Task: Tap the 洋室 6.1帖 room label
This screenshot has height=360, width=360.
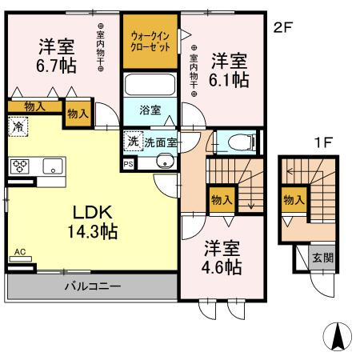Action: click(x=229, y=70)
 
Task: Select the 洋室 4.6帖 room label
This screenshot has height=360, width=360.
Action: click(x=221, y=258)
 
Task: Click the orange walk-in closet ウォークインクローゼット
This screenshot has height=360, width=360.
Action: click(x=150, y=41)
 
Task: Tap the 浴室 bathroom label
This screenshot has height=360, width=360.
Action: click(x=150, y=109)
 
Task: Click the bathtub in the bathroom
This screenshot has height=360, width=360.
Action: click(x=150, y=85)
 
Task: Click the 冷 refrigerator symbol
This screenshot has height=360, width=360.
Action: click(x=18, y=126)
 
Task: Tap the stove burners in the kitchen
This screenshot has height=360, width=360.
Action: click(x=19, y=166)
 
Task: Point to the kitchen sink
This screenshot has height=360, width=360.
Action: click(x=53, y=167)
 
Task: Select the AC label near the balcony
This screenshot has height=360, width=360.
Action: click(x=20, y=253)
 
